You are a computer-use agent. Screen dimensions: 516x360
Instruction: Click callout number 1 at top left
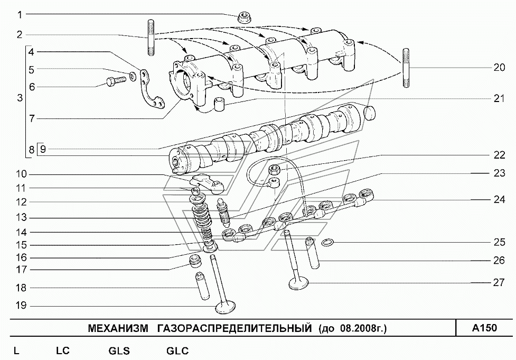[20, 14]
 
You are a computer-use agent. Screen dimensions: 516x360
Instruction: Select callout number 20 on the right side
[499, 68]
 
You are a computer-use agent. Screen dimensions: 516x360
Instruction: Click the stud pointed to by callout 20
[406, 68]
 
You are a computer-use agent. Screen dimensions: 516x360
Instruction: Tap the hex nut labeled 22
[273, 170]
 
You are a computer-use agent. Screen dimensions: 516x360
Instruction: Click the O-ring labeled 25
[327, 243]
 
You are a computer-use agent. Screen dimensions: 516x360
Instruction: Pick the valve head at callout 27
[298, 283]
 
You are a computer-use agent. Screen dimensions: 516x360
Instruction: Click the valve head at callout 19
[225, 308]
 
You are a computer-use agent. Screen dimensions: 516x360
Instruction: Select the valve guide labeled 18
[202, 286]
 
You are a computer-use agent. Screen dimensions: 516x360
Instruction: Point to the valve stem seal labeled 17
[196, 260]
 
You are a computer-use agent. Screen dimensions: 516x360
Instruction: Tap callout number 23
[499, 173]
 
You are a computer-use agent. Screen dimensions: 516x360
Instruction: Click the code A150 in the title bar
[484, 328]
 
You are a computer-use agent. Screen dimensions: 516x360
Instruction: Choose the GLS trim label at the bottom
[119, 351]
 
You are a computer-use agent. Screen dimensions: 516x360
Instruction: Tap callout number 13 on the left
[22, 218]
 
